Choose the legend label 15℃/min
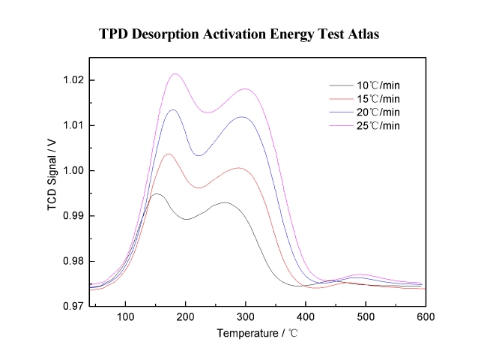(378, 99)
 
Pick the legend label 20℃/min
(378, 112)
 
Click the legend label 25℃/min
(378, 125)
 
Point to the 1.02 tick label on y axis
(73, 80)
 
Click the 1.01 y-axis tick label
(73, 125)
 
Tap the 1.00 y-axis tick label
(73, 171)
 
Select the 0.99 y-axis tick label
(73, 216)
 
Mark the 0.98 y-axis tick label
(73, 261)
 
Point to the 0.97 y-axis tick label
(73, 307)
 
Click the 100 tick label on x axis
(125, 318)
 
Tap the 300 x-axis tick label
(245, 318)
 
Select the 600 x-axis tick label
(426, 318)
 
